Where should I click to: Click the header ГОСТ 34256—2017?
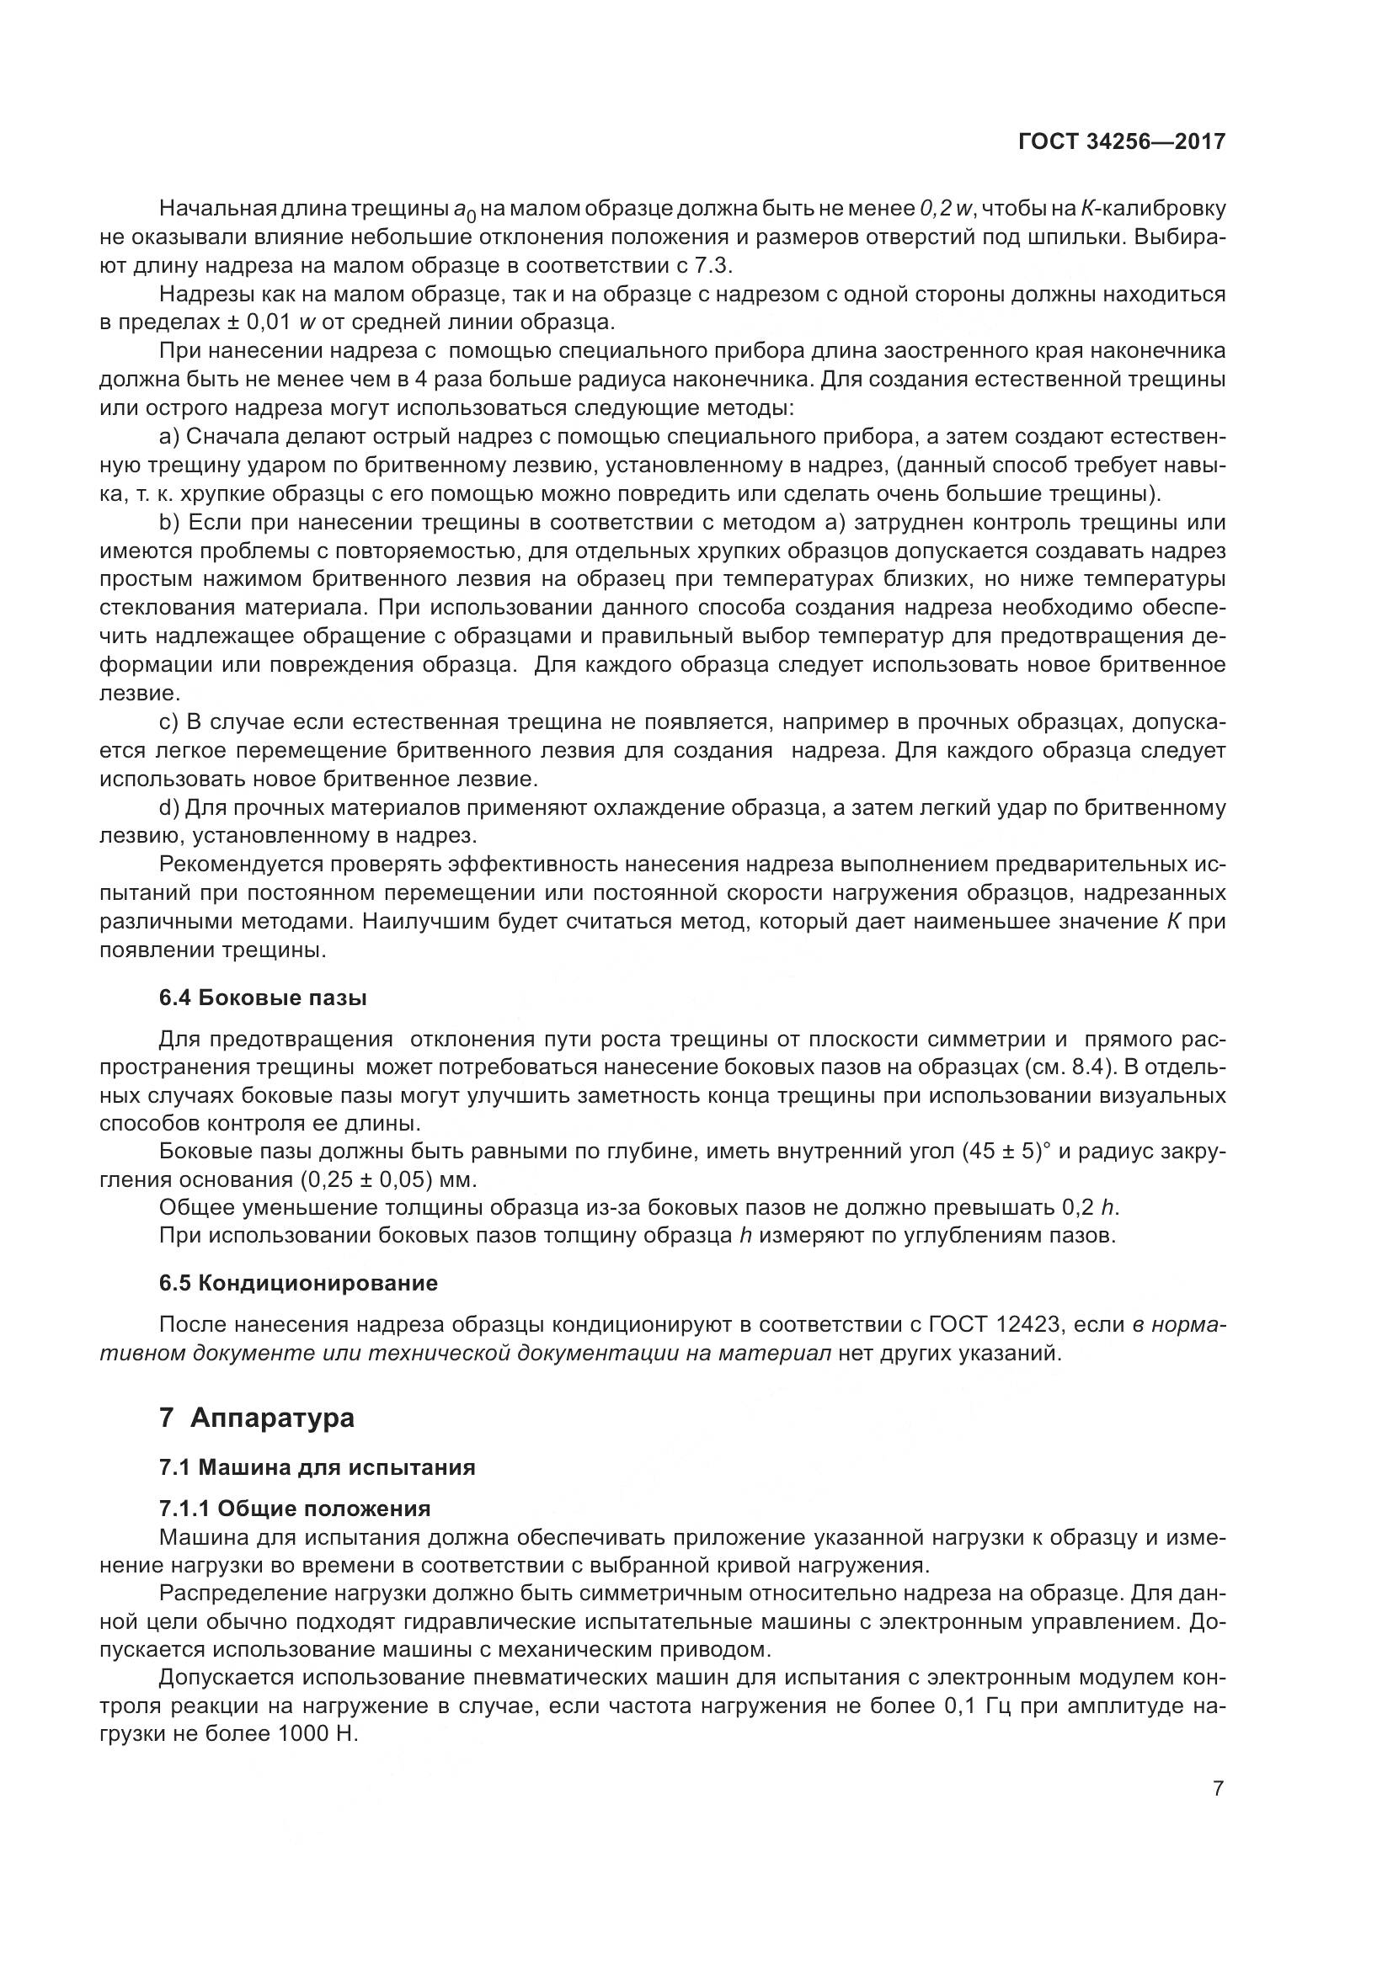tap(1121, 141)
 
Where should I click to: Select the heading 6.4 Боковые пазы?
tap(264, 998)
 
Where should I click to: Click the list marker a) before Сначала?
tap(169, 438)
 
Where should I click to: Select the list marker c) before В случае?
tap(169, 722)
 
